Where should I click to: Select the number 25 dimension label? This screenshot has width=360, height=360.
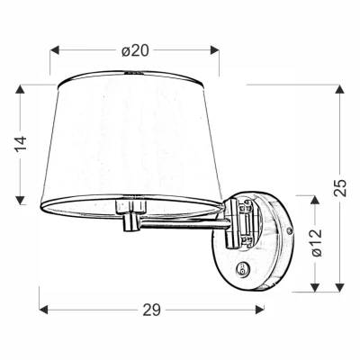pos(339,188)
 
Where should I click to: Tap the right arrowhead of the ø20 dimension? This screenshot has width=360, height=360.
pos(216,50)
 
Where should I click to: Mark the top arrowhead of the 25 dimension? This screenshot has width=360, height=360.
pos(339,89)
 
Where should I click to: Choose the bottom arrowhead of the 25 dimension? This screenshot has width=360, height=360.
pos(339,289)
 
